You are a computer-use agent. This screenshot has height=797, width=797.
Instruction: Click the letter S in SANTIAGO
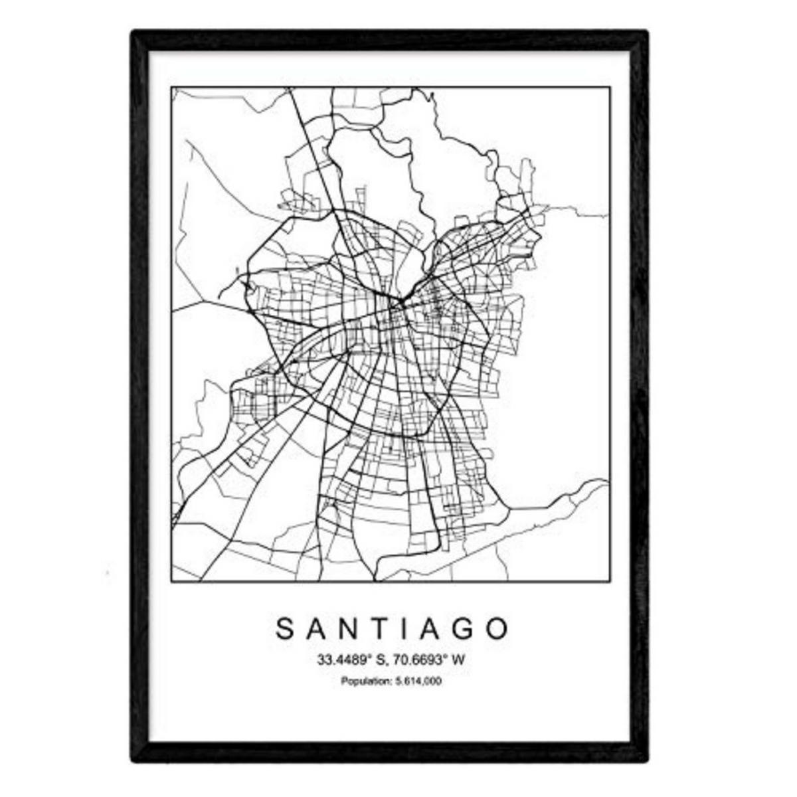(x=284, y=628)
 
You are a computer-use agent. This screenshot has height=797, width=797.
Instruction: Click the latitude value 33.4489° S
(x=349, y=660)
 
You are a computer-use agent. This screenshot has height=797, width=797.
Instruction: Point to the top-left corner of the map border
(x=171, y=87)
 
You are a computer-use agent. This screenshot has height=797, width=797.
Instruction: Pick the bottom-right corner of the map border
(x=610, y=582)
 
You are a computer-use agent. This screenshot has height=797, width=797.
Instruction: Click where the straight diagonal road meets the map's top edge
(x=292, y=88)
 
